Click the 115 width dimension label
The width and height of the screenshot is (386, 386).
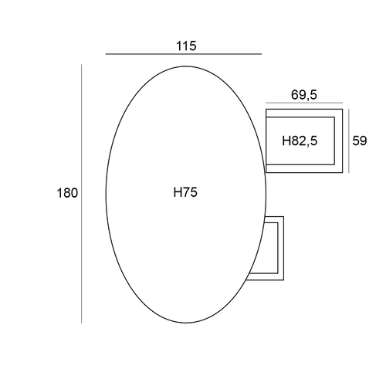(186, 46)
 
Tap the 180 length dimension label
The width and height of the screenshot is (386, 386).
(67, 193)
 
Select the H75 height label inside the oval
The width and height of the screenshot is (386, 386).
(185, 192)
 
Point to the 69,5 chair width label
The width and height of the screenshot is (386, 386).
(304, 95)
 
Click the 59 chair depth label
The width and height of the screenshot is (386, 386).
(360, 141)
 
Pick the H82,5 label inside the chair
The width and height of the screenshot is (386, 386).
(300, 141)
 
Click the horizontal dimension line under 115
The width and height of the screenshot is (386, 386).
(184, 54)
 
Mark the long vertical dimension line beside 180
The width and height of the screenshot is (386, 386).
(82, 194)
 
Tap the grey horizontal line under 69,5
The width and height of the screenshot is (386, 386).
(304, 103)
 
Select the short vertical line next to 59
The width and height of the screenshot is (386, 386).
(349, 141)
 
